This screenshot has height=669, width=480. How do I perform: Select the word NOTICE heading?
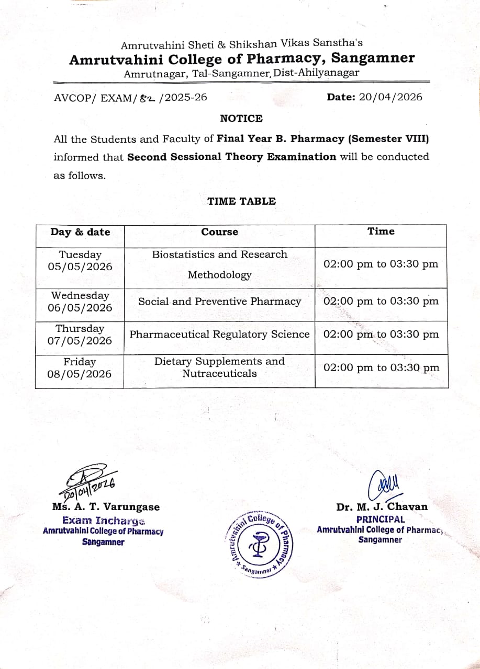pos(241,119)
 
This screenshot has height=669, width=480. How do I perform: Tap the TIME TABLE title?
pos(241,201)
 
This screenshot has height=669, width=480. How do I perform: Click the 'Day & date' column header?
pos(80,232)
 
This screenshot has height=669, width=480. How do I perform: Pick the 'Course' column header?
pos(219,232)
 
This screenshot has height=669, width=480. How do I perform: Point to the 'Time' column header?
pos(381,231)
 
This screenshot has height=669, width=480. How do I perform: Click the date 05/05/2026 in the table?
pos(80,267)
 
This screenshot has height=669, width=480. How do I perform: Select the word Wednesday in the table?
pos(80,295)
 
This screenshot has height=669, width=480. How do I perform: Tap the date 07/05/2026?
pos(80,341)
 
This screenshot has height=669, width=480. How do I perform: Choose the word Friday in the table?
pos(80,362)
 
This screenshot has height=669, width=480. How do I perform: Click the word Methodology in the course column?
pos(219,275)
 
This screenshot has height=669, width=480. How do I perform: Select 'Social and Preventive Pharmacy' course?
pos(219,302)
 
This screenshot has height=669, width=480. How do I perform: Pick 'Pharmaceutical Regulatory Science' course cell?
pos(219,334)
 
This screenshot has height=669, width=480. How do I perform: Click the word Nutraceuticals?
pos(219,374)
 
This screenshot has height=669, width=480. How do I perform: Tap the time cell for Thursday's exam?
pos(381,334)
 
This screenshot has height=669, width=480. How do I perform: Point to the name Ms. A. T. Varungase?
pos(106,506)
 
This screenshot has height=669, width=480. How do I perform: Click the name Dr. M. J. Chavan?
pos(382,506)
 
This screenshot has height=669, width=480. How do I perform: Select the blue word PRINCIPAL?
pos(381,519)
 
